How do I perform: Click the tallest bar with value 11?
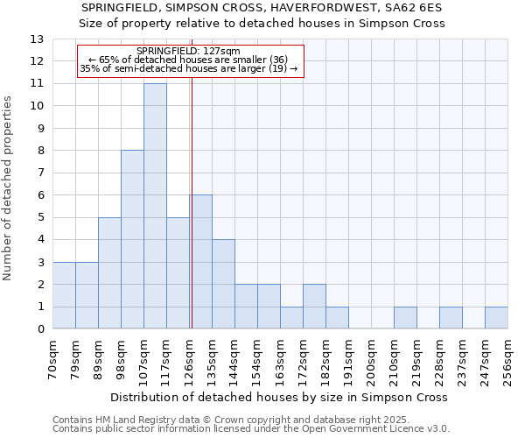tap(155, 206)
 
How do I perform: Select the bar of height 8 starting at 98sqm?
tap(132, 239)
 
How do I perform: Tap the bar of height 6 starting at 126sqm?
tap(200, 262)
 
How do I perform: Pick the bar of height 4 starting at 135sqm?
tap(223, 284)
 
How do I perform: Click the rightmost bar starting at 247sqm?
tap(496, 318)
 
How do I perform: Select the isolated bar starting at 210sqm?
tap(405, 318)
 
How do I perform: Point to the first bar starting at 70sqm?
tap(64, 295)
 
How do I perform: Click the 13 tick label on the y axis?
tap(36, 39)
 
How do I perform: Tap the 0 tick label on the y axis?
tap(39, 329)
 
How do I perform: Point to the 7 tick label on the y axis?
tap(39, 173)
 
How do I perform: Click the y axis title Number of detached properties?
tap(9, 188)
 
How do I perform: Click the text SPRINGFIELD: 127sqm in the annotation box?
tap(189, 52)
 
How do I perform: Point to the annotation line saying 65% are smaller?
tap(189, 60)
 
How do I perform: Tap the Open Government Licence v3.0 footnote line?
tap(251, 428)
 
